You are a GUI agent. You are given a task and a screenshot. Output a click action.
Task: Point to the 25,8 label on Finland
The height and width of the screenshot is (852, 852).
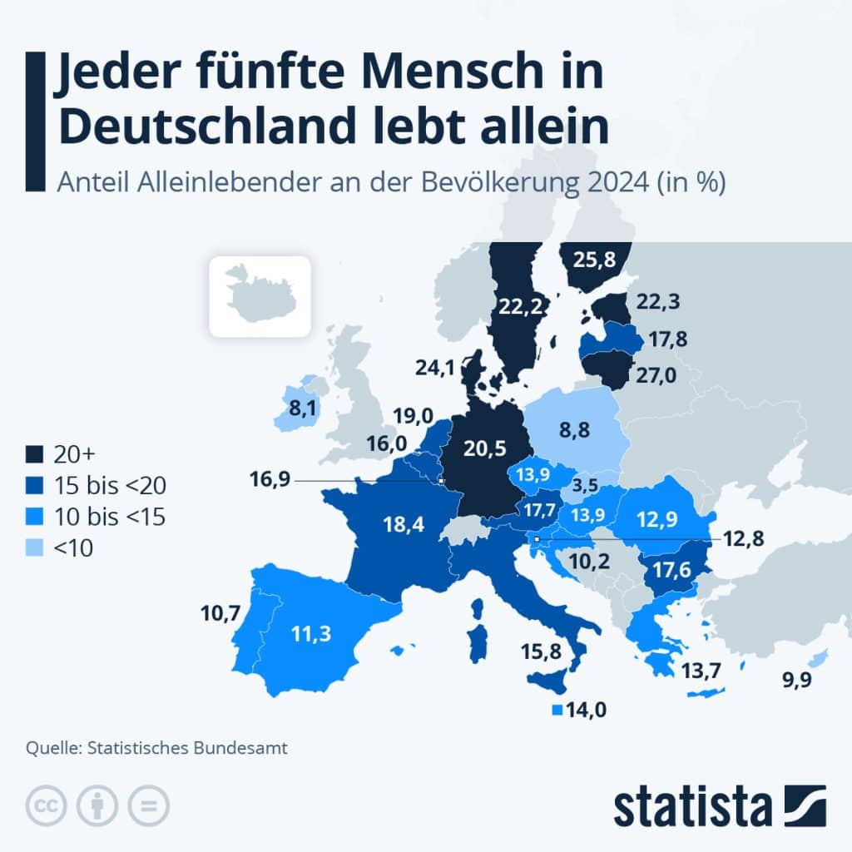[x=594, y=260]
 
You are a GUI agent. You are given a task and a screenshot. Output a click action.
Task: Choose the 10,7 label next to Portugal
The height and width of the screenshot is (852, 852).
[x=220, y=615]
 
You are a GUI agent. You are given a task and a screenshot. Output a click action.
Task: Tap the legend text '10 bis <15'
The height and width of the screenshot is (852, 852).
[x=110, y=517]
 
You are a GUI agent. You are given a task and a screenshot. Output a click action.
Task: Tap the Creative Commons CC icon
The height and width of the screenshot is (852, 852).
[x=47, y=805]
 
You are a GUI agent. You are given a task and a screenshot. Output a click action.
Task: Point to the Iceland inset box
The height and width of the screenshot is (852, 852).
[x=259, y=296]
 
